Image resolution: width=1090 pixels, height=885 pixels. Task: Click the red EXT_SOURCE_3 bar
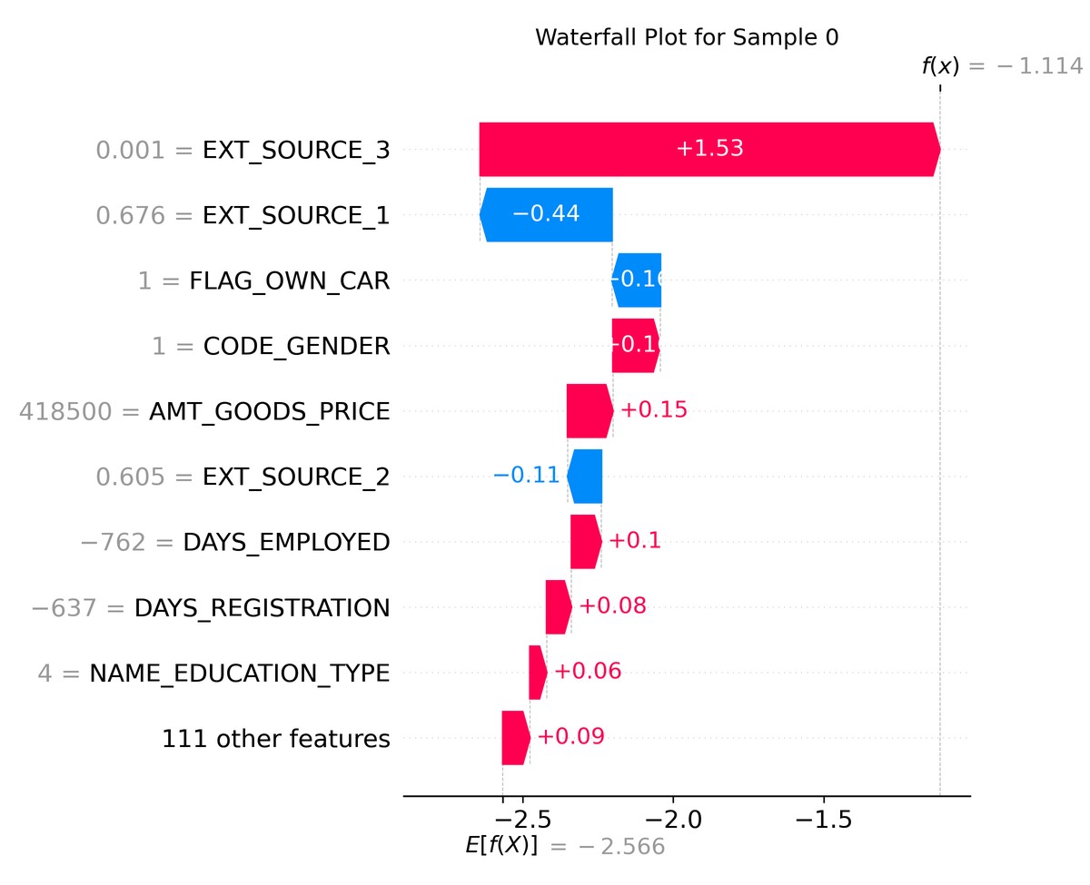[x=708, y=149]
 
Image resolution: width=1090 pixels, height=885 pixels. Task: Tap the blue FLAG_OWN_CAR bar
[x=637, y=280]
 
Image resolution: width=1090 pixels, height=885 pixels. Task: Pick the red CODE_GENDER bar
[x=635, y=346]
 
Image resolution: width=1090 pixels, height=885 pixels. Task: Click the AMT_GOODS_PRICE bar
[x=589, y=411]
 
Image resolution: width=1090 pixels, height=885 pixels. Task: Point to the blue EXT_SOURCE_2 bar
[x=584, y=477]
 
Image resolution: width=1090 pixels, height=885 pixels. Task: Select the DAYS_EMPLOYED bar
[x=586, y=542]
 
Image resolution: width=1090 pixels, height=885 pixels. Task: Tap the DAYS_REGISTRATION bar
[x=558, y=607]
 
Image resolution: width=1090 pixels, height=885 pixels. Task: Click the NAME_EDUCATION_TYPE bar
[x=537, y=673]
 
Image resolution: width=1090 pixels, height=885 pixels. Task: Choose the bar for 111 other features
[x=515, y=738]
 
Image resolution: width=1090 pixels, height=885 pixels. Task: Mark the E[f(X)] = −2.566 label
[x=565, y=846]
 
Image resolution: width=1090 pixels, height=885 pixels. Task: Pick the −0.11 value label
[x=526, y=477]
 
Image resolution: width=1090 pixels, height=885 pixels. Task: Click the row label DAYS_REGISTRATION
[x=263, y=607]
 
